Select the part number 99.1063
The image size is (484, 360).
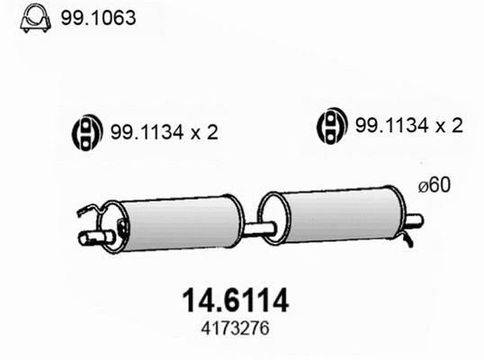[x=98, y=18]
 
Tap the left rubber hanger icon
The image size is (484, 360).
[x=84, y=132]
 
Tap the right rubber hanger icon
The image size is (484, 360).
[x=330, y=126]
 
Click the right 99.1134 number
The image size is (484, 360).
[x=391, y=126]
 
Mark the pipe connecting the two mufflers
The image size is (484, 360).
[x=257, y=229]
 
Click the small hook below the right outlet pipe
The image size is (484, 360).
[x=408, y=238]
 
